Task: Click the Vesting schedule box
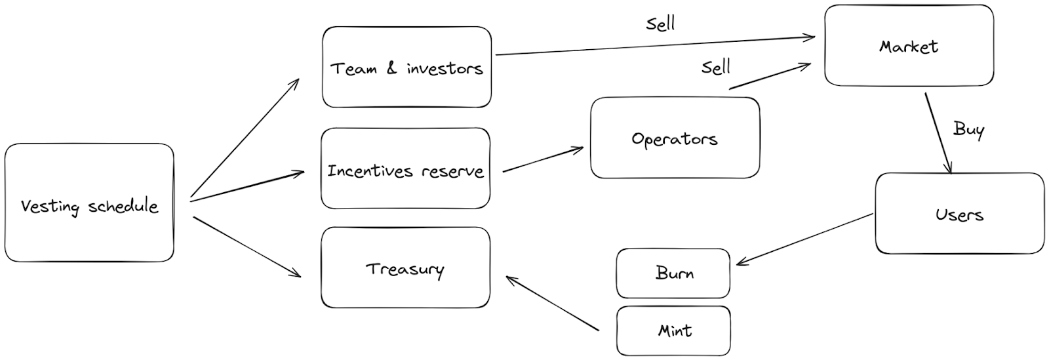click(x=89, y=203)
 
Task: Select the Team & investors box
click(x=406, y=68)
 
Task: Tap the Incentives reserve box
click(x=405, y=169)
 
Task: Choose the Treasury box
click(x=405, y=268)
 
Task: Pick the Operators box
click(x=675, y=138)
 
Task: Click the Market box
click(x=909, y=46)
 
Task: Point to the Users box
click(x=959, y=214)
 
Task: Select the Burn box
click(x=673, y=273)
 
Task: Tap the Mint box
click(x=673, y=330)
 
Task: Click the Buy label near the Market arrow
click(x=968, y=129)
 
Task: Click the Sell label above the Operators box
click(x=715, y=67)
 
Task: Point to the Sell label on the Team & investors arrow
click(x=660, y=24)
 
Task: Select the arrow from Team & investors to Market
click(x=656, y=46)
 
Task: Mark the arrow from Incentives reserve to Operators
click(x=543, y=160)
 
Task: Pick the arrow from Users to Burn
click(x=805, y=239)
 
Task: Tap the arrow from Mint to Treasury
click(x=553, y=303)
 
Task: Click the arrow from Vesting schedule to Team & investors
click(x=245, y=137)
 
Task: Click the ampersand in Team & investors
click(x=391, y=68)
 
